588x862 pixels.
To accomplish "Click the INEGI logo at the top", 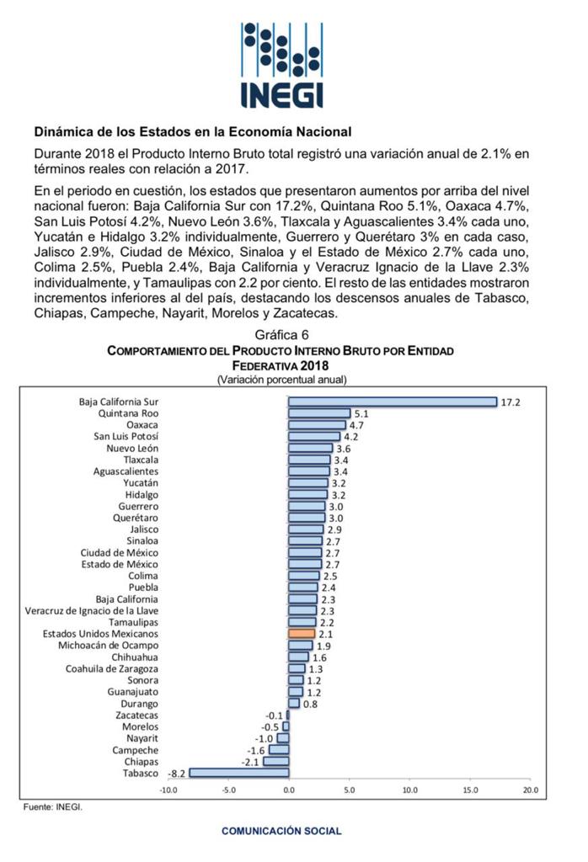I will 281,65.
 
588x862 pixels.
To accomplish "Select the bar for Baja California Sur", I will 392,402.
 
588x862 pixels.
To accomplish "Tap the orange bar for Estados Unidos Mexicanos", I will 301,633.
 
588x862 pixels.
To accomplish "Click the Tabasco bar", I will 239,772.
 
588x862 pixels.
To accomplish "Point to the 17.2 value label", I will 510,402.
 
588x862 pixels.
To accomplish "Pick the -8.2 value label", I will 177,773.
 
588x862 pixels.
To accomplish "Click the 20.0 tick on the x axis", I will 530,790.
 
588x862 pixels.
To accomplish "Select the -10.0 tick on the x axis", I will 168,790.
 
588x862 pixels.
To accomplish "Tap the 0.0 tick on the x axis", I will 289,790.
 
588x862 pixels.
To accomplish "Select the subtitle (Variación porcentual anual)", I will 281,380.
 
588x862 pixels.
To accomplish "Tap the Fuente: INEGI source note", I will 52,806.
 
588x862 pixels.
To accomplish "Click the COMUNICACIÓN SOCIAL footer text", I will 281,831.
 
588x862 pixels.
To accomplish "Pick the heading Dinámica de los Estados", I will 192,132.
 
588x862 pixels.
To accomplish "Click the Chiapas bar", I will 276,761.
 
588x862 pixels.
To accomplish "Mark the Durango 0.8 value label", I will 310,703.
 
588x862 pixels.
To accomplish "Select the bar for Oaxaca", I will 317,425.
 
